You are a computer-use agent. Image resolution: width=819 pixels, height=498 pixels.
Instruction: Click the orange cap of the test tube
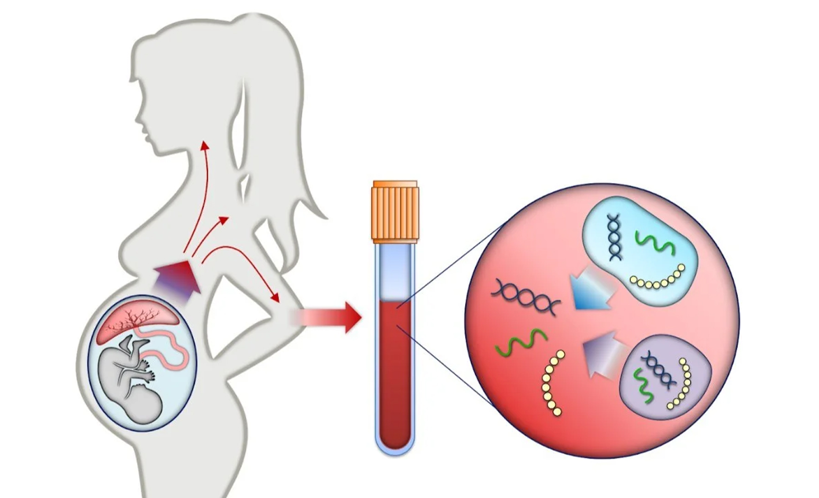(x=395, y=210)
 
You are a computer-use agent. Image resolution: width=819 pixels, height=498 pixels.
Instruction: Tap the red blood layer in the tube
(x=395, y=370)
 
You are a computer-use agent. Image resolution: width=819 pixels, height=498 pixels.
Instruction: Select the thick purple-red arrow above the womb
(x=177, y=280)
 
